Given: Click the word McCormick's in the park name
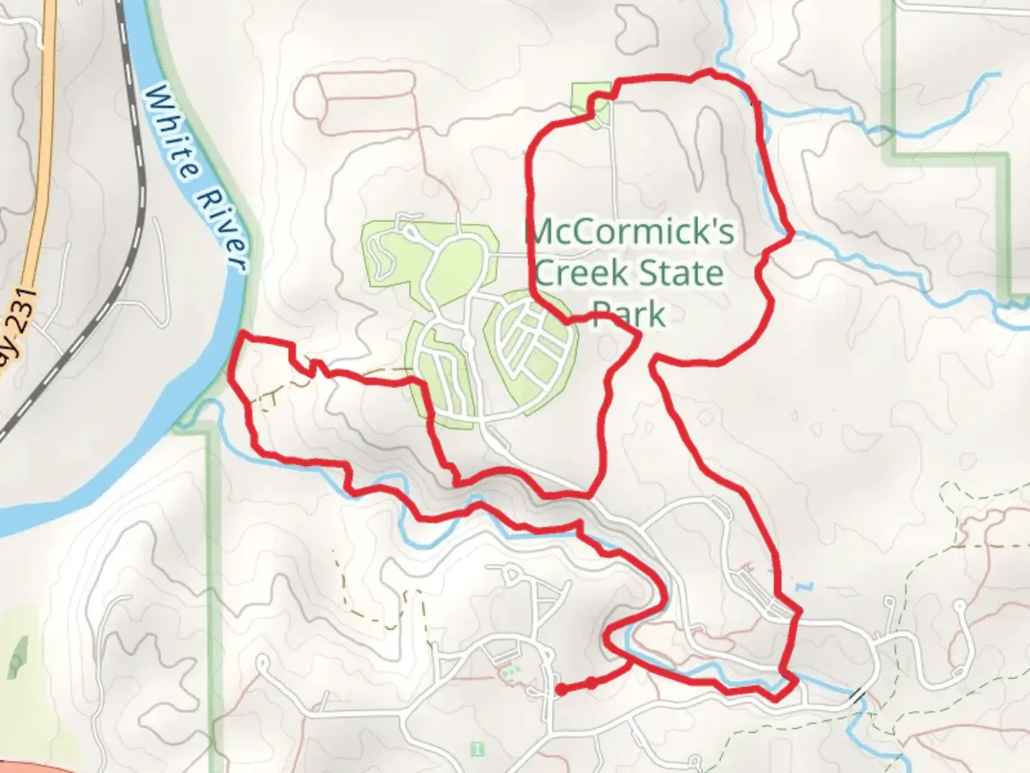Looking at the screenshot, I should pos(629,233).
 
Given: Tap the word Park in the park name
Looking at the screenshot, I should pos(629,313).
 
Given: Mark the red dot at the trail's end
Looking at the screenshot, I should pos(561,690).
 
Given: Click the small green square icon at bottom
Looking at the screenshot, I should pos(477,749).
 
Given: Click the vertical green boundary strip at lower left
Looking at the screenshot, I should pos(212,573).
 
